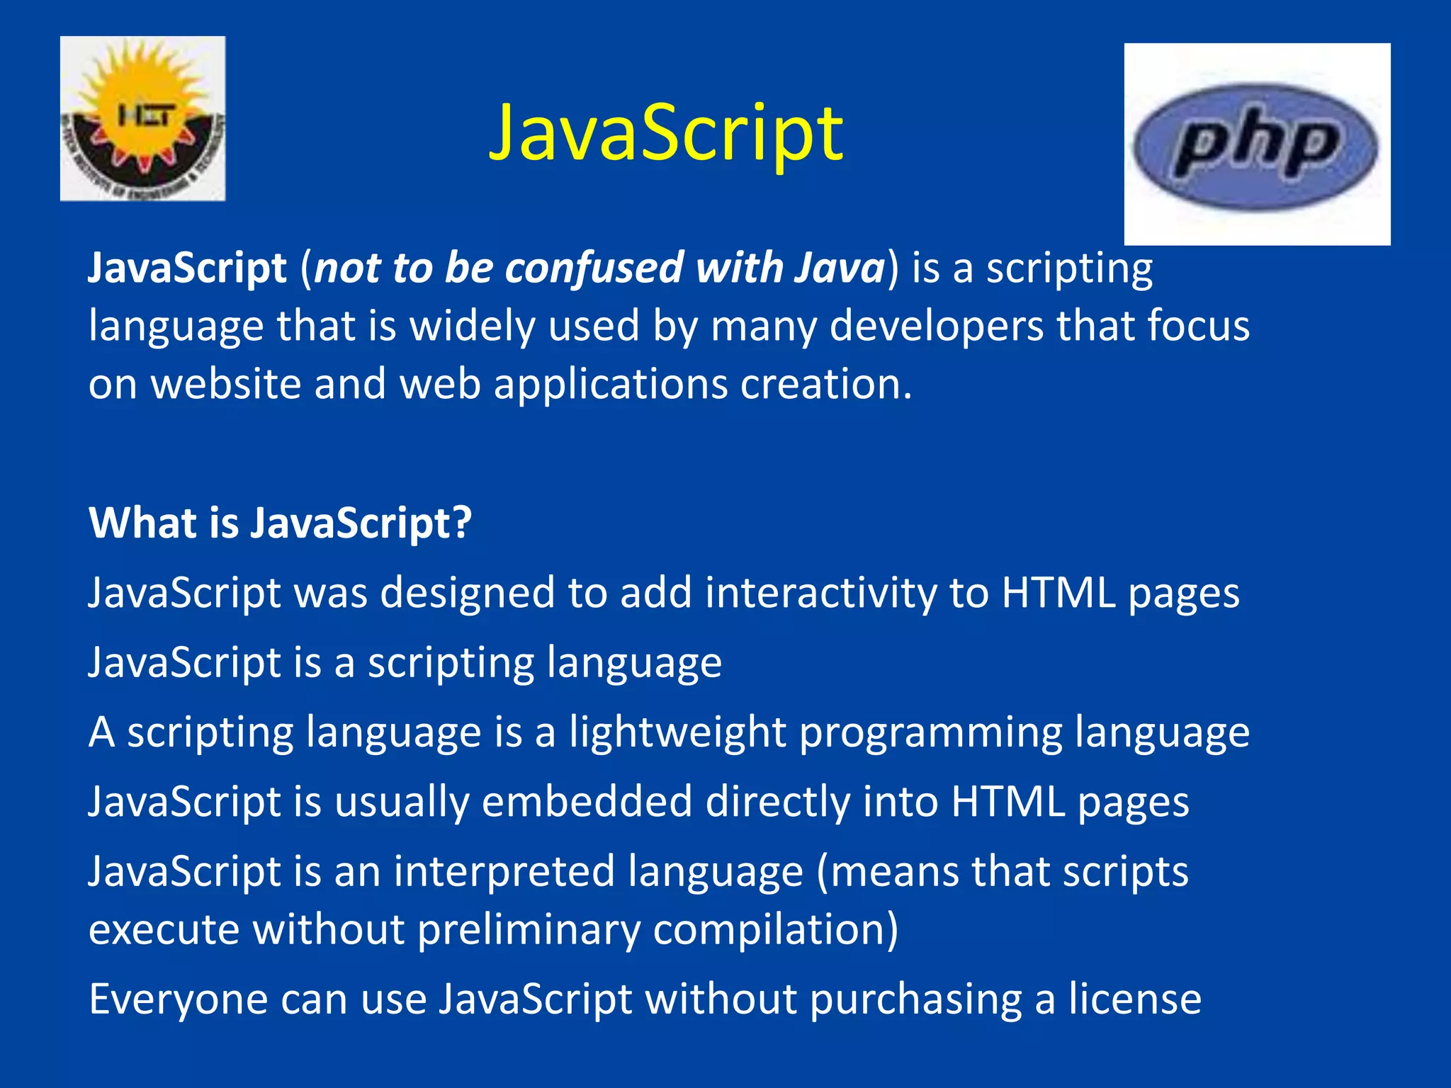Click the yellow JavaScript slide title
pos(666,133)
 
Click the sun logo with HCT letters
pos(143,118)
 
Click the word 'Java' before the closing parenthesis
pos(840,268)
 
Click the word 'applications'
pos(611,385)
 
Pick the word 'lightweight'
pos(677,732)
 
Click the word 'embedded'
pos(587,802)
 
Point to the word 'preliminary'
pos(529,930)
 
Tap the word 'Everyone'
pos(178,999)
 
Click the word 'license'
pos(1135,999)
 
